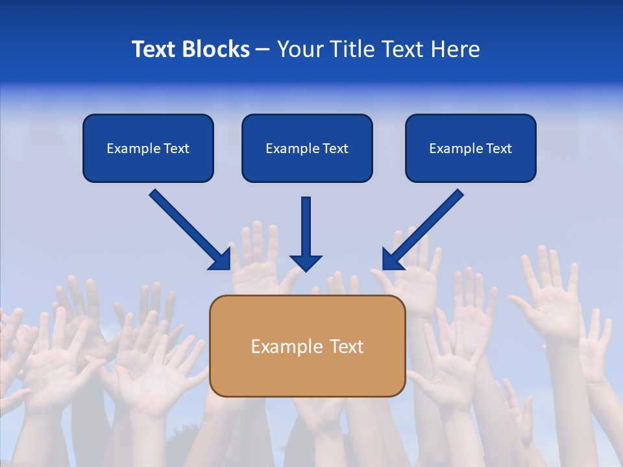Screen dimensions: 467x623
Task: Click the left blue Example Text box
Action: [x=148, y=149]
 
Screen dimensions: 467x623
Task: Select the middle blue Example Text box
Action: [x=307, y=149]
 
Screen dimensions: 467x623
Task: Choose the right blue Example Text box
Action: [x=470, y=149]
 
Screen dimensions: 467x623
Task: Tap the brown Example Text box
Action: [x=307, y=346]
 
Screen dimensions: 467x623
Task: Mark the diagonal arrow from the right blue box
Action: [x=426, y=226]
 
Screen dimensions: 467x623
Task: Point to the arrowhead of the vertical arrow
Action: [x=306, y=263]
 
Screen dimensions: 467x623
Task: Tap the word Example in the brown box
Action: [x=281, y=346]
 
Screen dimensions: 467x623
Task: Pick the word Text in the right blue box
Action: [x=498, y=149]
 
